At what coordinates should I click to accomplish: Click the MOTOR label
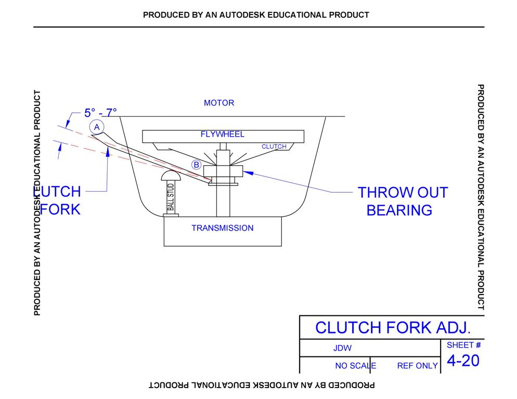pos(219,103)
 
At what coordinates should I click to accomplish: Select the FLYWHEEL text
pos(223,135)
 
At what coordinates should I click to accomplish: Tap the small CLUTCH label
pos(274,147)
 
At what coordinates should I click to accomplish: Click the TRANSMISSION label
pos(223,228)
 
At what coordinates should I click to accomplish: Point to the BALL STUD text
pos(171,197)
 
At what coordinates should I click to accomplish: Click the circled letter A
pos(97,127)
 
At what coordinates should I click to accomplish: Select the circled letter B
pos(196,165)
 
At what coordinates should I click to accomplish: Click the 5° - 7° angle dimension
pos(100,112)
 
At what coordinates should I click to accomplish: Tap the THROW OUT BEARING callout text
pos(402,201)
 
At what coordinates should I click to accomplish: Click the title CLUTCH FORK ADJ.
pos(393,327)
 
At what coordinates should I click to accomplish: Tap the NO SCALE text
pos(355,366)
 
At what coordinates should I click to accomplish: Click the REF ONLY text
pos(417,366)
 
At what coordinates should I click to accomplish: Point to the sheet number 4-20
pos(463,361)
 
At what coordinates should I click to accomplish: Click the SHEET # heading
pos(463,345)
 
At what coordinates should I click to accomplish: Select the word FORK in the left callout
pos(60,209)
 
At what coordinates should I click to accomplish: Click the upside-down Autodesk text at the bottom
pos(262,385)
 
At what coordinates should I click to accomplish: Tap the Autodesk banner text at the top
pos(256,15)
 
